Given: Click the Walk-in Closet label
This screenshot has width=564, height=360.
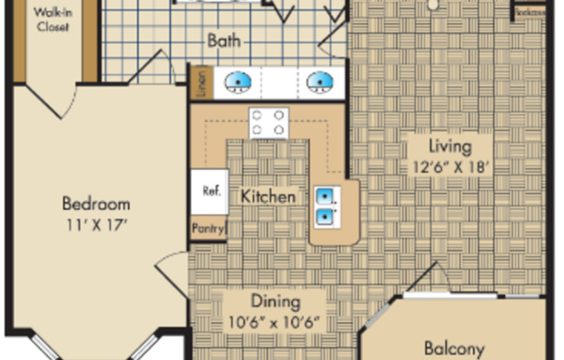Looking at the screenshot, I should pyautogui.click(x=53, y=19).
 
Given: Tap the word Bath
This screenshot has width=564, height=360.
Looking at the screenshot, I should pyautogui.click(x=223, y=41).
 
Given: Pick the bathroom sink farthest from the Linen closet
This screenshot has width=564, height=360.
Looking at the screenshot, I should pyautogui.click(x=318, y=82).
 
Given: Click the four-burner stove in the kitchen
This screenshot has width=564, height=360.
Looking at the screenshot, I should pyautogui.click(x=269, y=122).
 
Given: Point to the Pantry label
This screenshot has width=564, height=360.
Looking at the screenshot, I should pyautogui.click(x=208, y=229).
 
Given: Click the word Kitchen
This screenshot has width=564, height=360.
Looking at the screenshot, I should pyautogui.click(x=267, y=196).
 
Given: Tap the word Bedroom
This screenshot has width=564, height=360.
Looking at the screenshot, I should pyautogui.click(x=96, y=204).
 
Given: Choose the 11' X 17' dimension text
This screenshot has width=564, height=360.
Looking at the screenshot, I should pyautogui.click(x=96, y=224).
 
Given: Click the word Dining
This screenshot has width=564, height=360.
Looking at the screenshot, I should pyautogui.click(x=275, y=302).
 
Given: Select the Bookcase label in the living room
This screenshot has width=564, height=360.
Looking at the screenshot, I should pyautogui.click(x=529, y=12).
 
